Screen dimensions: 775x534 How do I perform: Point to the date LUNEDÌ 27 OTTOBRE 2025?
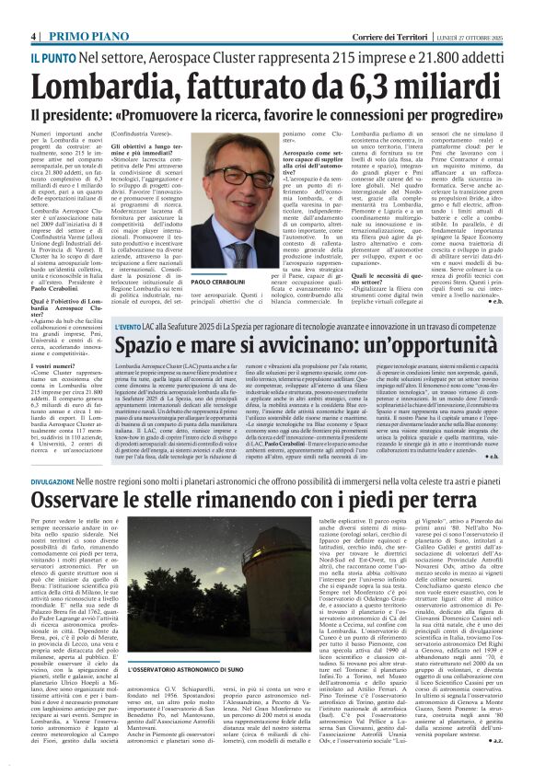486,10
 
